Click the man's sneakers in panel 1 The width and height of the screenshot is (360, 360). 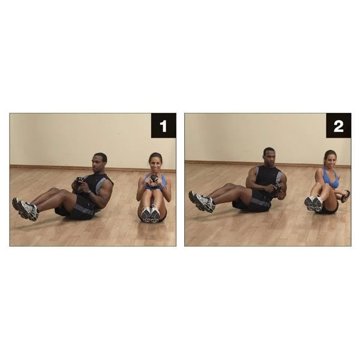[25, 209]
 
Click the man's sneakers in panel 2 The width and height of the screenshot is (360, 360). [201, 202]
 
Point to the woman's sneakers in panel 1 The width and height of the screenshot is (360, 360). [150, 215]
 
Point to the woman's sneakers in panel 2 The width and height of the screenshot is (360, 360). [313, 203]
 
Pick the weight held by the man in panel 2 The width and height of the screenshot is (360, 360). [277, 190]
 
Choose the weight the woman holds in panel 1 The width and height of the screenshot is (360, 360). [154, 179]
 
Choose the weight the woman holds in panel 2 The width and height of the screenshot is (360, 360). [345, 196]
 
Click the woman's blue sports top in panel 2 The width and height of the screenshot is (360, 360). [329, 178]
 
